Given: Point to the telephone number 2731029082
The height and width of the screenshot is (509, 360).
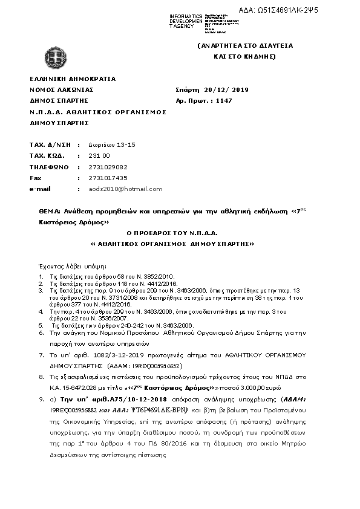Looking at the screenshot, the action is coord(108,167).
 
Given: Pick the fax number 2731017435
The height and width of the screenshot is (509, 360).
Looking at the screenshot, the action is coord(108,178).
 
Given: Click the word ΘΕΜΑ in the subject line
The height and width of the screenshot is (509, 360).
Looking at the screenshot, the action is coord(48,212).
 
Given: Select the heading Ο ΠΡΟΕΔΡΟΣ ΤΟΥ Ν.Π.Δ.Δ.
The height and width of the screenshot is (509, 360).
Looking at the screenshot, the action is coord(171,233).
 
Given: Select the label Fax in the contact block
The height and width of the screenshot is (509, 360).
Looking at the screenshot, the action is coord(35,178).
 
